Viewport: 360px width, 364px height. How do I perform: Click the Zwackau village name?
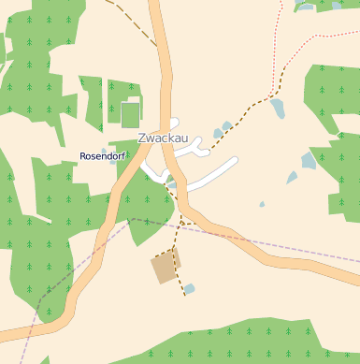point(163,138)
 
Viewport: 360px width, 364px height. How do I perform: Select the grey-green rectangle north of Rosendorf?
point(130,114)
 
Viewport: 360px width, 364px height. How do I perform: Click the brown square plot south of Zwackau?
point(166,267)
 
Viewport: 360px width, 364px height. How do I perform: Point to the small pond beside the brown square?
point(190,288)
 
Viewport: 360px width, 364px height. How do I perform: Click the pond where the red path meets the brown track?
point(278,109)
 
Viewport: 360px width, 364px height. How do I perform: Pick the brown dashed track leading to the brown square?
point(180,234)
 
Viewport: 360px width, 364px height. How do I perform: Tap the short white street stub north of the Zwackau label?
point(172,123)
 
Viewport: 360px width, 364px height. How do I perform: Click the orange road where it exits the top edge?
point(155,5)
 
